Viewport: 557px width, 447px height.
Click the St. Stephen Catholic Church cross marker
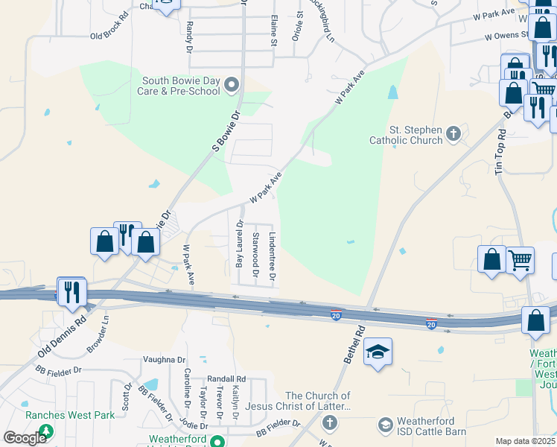453,134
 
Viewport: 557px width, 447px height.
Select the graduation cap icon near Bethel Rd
378,352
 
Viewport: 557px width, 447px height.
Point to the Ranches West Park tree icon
46,431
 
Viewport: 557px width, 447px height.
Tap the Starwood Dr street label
255,256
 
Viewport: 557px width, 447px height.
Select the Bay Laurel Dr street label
239,244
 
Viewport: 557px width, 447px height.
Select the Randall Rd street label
226,378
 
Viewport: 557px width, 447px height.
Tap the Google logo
25,438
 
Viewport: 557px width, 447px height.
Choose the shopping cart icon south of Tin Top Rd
521,261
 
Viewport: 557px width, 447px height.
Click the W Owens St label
510,34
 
